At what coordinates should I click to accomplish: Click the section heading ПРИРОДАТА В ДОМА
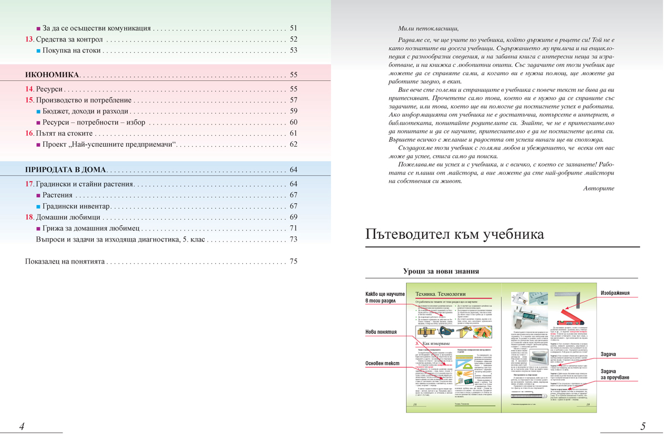(x=66, y=169)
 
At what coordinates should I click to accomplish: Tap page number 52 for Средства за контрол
(x=293, y=39)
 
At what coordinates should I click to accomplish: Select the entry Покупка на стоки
(x=71, y=50)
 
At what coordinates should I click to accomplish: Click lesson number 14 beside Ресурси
(x=29, y=89)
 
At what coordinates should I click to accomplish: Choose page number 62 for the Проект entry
(x=293, y=145)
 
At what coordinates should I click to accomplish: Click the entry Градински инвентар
(x=76, y=206)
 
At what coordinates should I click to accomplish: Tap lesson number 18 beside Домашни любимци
(x=29, y=217)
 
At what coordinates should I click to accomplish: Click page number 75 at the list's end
(x=293, y=261)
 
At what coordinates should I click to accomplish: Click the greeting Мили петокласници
(x=428, y=28)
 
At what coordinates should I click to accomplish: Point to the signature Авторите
(x=599, y=188)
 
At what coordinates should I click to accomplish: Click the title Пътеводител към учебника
(x=455, y=235)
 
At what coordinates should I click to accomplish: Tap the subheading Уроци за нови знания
(x=441, y=271)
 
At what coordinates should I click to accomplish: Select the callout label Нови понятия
(x=381, y=332)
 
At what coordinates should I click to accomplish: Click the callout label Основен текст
(x=382, y=363)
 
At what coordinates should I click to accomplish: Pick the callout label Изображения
(x=615, y=293)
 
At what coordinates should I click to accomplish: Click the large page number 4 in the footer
(x=22, y=427)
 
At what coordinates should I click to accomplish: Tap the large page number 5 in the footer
(x=643, y=427)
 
